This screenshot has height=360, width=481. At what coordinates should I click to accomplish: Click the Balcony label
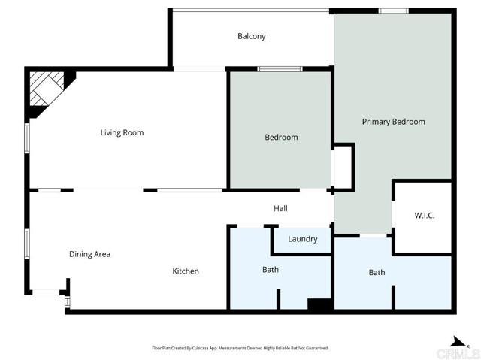[251, 36]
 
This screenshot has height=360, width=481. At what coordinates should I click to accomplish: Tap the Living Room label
[122, 133]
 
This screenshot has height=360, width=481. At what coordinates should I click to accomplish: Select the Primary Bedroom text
[393, 122]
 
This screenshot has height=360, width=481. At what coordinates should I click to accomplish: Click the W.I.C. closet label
[424, 216]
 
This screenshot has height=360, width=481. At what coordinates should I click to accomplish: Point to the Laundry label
[302, 239]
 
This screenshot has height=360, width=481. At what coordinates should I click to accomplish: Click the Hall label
[280, 209]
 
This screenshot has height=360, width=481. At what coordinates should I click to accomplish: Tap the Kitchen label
[186, 271]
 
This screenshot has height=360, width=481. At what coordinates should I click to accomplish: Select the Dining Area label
[89, 254]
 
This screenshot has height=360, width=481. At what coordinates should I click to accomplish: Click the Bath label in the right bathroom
[377, 272]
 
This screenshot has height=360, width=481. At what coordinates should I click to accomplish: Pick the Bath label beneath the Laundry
[270, 269]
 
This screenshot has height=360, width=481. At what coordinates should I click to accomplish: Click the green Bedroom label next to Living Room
[281, 138]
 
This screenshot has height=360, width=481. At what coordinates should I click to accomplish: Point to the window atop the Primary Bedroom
[393, 11]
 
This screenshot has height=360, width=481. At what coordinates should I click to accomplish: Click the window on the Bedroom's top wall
[280, 69]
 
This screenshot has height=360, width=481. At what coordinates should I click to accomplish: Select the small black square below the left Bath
[319, 304]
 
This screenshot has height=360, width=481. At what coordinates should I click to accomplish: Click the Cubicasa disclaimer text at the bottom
[240, 348]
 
